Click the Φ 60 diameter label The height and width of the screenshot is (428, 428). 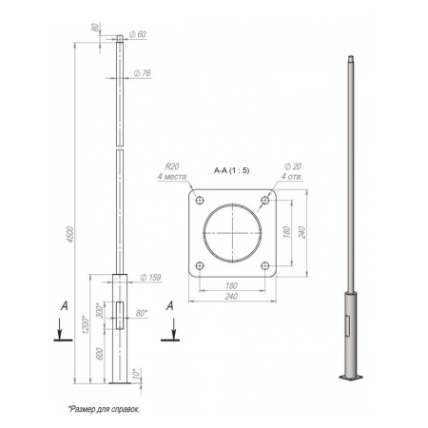[138, 34]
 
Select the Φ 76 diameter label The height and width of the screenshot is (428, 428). [142, 73]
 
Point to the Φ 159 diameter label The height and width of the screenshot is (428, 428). [150, 278]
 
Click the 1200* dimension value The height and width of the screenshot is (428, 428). [85, 325]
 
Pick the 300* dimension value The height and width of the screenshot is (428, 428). [100, 311]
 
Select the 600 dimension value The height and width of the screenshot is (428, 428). [100, 354]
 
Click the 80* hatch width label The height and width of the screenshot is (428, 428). [142, 313]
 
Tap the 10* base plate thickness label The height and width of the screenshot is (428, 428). [136, 373]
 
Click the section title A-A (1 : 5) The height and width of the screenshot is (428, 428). [232, 170]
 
